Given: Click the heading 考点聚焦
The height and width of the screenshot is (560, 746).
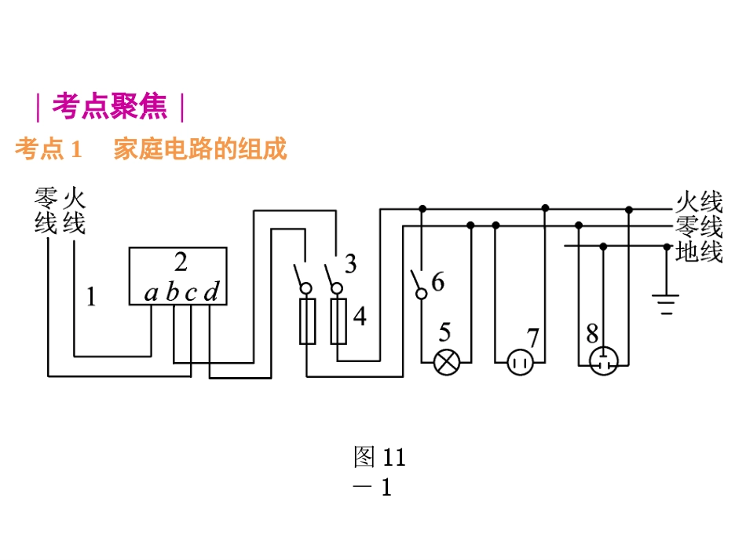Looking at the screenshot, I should (110, 107).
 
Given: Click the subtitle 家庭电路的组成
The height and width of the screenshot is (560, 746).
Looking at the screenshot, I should (200, 148).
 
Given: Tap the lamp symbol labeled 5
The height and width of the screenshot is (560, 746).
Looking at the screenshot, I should (447, 362).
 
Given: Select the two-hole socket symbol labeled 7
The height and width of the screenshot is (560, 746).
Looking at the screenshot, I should (519, 362).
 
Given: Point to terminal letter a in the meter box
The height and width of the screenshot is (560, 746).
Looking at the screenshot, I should (152, 294).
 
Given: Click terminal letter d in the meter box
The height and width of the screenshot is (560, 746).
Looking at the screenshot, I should (210, 294).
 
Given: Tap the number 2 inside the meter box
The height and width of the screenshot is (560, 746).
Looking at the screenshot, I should (181, 262).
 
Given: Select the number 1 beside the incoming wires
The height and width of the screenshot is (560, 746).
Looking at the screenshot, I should (92, 298).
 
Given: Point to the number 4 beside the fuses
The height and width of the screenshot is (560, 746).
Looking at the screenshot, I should (360, 317).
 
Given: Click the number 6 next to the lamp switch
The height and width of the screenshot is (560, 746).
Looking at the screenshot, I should (437, 281).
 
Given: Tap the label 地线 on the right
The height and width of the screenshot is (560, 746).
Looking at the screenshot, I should (699, 253).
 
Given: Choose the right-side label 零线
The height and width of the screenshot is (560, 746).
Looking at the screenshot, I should (699, 228).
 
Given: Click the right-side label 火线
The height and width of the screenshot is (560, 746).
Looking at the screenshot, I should (699, 203).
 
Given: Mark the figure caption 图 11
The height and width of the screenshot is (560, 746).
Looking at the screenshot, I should (379, 456).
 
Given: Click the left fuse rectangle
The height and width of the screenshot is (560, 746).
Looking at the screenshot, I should (307, 321).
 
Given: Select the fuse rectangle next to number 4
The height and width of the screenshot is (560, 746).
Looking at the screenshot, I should (338, 321).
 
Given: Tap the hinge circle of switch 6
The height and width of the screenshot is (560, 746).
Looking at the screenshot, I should (421, 294).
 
